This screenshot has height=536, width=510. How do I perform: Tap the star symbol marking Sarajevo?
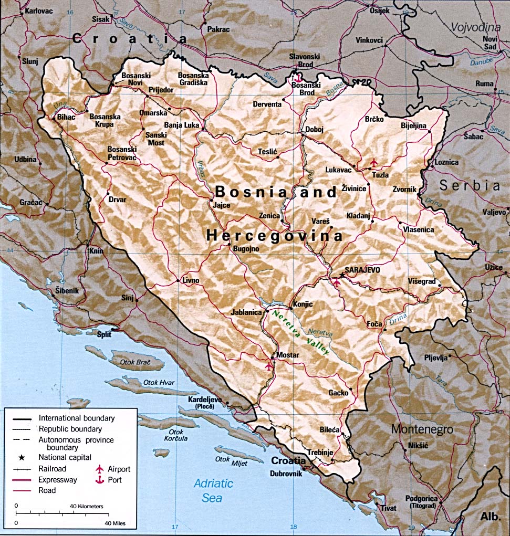[x=342, y=274]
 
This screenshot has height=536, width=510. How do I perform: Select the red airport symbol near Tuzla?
[x=373, y=162]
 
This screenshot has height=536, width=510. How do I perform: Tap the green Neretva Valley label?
[x=299, y=333]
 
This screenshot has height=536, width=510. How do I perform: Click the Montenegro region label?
[x=422, y=429]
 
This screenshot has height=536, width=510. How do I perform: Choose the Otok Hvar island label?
[x=158, y=383]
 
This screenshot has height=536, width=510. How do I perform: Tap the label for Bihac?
[x=67, y=117]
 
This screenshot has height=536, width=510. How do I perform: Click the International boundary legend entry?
[x=76, y=418]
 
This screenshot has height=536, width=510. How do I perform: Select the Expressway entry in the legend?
[x=58, y=480]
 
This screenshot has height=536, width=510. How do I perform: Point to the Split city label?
[x=105, y=333]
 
